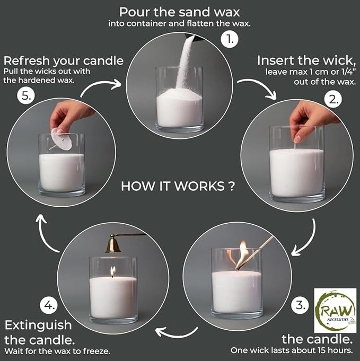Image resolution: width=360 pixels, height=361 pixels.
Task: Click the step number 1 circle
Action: click(230, 39)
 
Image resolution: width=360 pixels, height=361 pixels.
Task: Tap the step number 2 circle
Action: click(333, 100)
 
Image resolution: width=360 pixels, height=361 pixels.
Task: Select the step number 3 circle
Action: click(300, 305)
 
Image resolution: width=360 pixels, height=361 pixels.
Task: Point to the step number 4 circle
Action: click(49, 305)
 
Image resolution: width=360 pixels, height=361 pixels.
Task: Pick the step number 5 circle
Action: click(26, 95)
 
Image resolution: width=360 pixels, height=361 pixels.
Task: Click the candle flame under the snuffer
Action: click(113, 271)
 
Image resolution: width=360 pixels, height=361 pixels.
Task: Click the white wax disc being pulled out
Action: click(62, 139)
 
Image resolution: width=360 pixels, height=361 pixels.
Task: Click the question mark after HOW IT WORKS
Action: click(232, 186)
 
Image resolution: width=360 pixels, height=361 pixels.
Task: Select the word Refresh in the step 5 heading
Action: click(27, 61)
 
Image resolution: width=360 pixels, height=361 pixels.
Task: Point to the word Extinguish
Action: click(38, 325)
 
